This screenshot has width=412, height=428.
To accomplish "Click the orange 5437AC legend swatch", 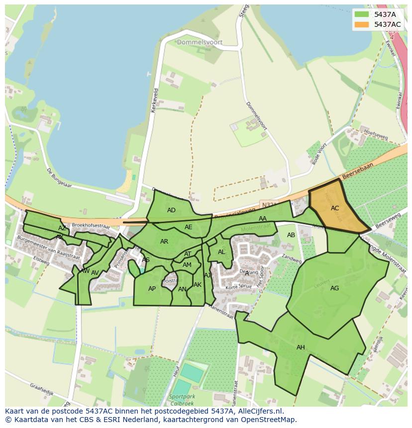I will click(x=362, y=24).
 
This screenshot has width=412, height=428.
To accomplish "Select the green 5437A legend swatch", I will click(x=362, y=14).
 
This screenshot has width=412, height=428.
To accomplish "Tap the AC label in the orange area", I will click(x=335, y=208).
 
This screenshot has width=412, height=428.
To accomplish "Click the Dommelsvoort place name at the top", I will click(x=200, y=43).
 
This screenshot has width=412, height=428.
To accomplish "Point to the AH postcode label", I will click(x=301, y=347).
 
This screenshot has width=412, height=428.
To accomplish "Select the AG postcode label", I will click(x=334, y=288).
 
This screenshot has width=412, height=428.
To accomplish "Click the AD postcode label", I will click(x=171, y=210).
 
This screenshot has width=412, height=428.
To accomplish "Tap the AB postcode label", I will click(x=291, y=235).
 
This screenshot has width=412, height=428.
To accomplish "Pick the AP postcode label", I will click(x=152, y=289).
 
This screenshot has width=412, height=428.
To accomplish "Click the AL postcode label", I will click(x=221, y=252).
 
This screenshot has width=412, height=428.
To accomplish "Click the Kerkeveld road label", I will click(x=155, y=100).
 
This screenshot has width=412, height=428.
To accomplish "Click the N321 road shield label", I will click(x=268, y=205).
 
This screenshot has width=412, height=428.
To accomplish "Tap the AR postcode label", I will click(x=164, y=242).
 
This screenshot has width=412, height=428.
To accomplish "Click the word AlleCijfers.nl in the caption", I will click(x=258, y=411).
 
